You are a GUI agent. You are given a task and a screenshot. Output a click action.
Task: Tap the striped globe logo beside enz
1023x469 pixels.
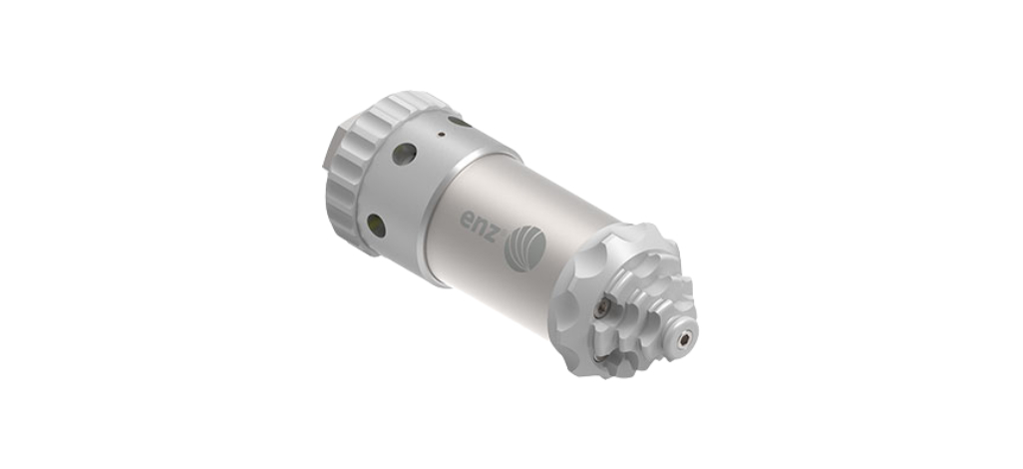click(x=525, y=247)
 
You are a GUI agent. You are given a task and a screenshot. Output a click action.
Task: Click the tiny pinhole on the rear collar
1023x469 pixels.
click(x=442, y=135)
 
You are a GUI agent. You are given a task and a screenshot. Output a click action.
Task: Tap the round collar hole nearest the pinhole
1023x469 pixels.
click(x=404, y=154)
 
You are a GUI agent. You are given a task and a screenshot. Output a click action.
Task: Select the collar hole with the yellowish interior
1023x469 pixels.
click(x=377, y=226)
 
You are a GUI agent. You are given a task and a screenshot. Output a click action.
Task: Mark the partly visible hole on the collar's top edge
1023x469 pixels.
click(x=460, y=122)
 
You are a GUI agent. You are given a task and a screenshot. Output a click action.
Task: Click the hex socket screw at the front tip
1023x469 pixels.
click(x=684, y=339)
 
